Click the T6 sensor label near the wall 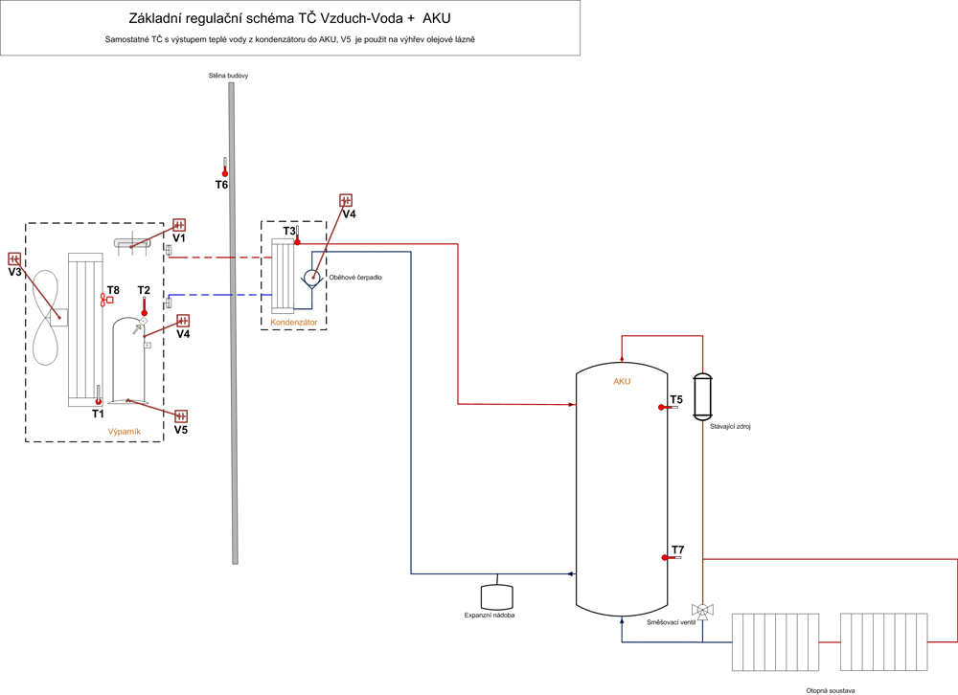[221, 185]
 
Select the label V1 [179, 238]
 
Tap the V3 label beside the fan [14, 273]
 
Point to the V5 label [181, 431]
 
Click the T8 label [113, 290]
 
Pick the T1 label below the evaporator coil [98, 414]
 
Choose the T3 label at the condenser [289, 231]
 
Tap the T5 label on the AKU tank [676, 399]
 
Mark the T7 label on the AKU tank [678, 549]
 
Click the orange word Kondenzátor [293, 322]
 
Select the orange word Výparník [125, 432]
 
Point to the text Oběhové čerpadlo [356, 279]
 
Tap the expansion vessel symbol [496, 596]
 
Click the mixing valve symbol [702, 610]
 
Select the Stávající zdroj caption [730, 426]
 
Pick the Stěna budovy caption [229, 75]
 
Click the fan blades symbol [45, 315]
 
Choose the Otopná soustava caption [830, 689]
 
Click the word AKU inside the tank [622, 382]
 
